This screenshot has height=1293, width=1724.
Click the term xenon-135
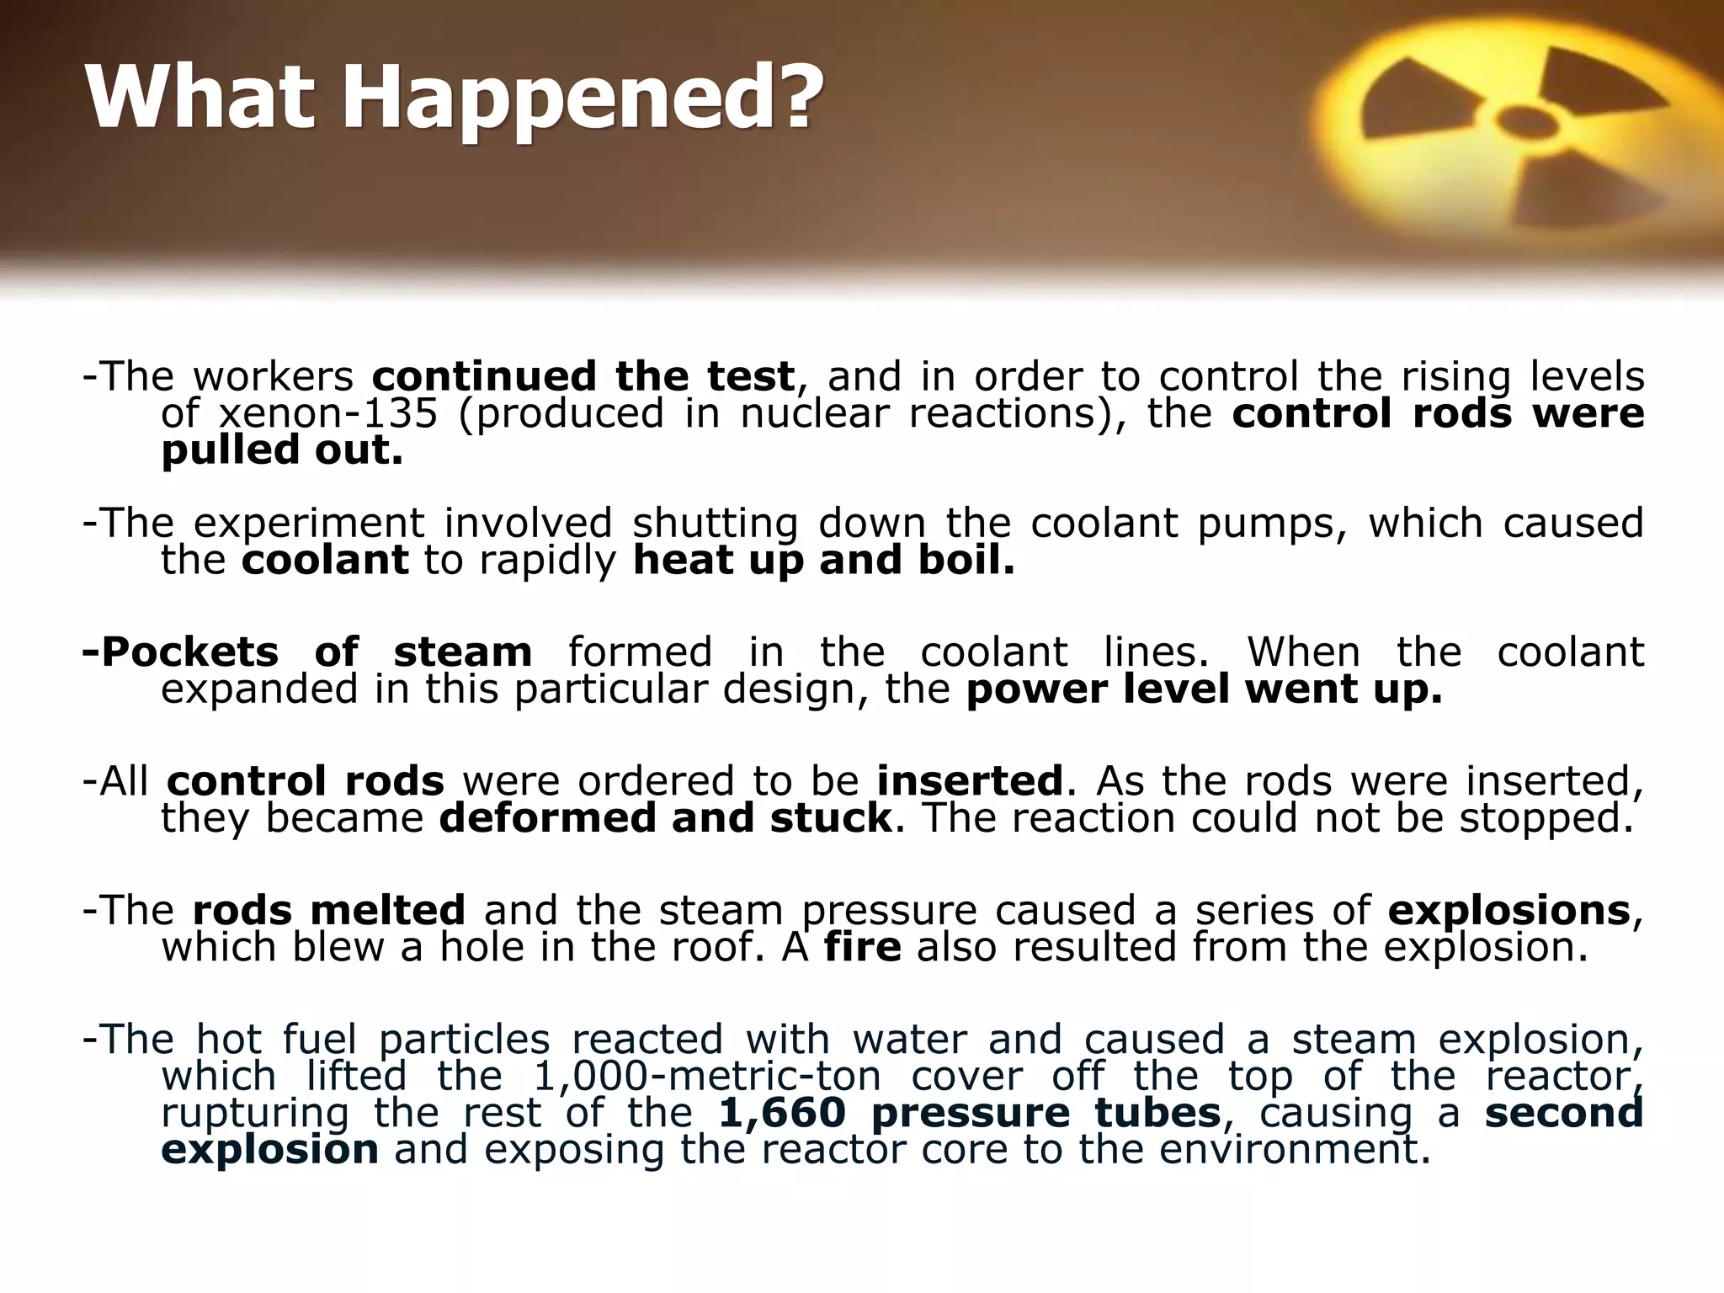click(x=328, y=414)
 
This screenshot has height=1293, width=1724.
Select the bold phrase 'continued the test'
click(x=583, y=376)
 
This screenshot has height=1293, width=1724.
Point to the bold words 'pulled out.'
click(x=282, y=451)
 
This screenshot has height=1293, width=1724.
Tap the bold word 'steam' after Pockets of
click(x=463, y=652)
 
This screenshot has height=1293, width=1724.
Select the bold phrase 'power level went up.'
click(x=1204, y=689)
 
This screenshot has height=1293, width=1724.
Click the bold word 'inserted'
click(x=971, y=781)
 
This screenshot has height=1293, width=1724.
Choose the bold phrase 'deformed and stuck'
click(x=666, y=818)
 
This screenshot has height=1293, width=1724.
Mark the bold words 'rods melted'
click(x=329, y=910)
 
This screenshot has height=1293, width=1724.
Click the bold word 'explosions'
click(x=1509, y=910)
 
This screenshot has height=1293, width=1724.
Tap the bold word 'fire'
click(x=863, y=947)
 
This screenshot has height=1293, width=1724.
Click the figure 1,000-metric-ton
click(x=708, y=1077)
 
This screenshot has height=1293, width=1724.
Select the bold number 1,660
click(x=782, y=1114)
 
